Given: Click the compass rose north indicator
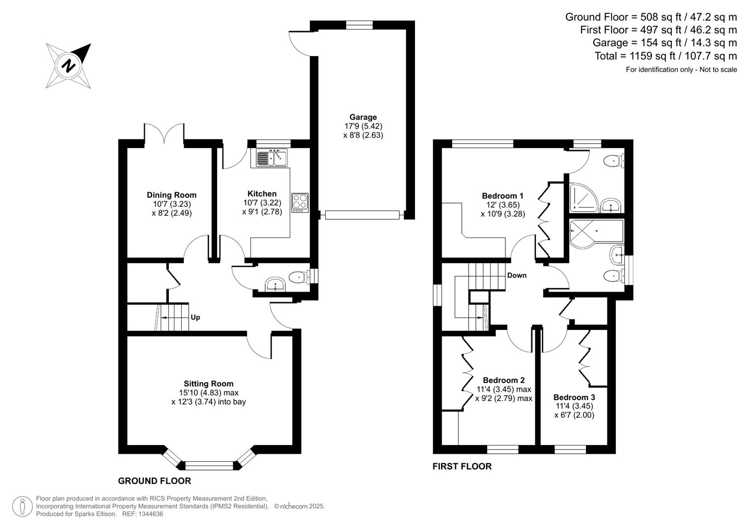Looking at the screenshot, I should [x=69, y=65].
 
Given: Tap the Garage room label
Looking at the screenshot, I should [x=363, y=117].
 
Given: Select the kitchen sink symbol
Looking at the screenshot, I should [x=271, y=158].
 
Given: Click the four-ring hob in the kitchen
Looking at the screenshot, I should [x=300, y=202].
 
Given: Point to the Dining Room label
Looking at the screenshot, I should [x=171, y=195].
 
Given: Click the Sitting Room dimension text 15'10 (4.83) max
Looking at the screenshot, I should [x=208, y=393].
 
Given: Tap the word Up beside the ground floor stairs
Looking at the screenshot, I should [x=195, y=317].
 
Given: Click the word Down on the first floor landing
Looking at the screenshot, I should [x=517, y=275].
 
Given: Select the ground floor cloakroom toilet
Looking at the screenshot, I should [x=298, y=277].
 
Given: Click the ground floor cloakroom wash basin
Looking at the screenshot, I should [x=275, y=284].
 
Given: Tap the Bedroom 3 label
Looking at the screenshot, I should [x=574, y=397].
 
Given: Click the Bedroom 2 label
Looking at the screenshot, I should [x=503, y=380].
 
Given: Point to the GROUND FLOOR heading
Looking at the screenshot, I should [x=154, y=481].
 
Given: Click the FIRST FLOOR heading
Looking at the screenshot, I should [x=462, y=466].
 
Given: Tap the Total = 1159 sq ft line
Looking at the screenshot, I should [x=666, y=56].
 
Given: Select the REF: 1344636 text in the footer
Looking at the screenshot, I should [x=142, y=514].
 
